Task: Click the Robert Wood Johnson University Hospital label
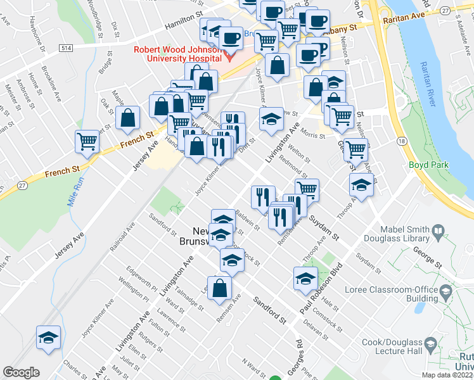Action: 177,55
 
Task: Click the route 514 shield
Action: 65,48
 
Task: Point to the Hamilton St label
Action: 183,25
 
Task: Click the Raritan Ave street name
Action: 403,20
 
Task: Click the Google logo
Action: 22,372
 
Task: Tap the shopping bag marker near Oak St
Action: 128,118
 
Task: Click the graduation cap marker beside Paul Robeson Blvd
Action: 305,278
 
